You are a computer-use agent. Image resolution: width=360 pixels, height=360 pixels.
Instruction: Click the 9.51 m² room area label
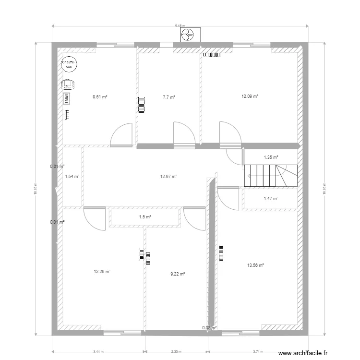[x=100, y=96]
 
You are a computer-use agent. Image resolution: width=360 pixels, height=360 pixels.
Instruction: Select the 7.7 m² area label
[x=169, y=97]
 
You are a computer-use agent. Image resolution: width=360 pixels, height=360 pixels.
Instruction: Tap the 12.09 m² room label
[x=250, y=96]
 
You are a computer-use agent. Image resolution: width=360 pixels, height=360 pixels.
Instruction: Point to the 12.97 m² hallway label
[x=168, y=177]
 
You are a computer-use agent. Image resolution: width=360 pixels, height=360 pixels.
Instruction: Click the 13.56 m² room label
[x=255, y=264]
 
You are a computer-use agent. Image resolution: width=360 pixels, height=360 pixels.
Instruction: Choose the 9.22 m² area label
[x=178, y=274]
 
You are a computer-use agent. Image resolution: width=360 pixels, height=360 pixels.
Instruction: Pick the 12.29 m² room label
[x=102, y=272]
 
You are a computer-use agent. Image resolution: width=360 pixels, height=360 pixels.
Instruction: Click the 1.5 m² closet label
[x=145, y=217]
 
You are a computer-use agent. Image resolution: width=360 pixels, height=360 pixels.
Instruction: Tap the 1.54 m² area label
[x=72, y=177]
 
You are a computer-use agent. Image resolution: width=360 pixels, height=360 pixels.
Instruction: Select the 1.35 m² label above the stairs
[x=271, y=157]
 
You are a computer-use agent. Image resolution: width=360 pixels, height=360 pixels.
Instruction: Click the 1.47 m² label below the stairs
[x=271, y=198]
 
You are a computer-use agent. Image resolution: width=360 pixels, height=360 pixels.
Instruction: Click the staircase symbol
[x=271, y=176]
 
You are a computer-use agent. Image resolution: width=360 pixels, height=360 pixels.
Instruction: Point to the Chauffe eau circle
[x=68, y=64]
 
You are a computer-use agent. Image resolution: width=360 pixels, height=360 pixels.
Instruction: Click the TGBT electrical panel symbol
[x=66, y=98]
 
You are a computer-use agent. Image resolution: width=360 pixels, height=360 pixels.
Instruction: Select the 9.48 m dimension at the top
[x=180, y=25]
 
